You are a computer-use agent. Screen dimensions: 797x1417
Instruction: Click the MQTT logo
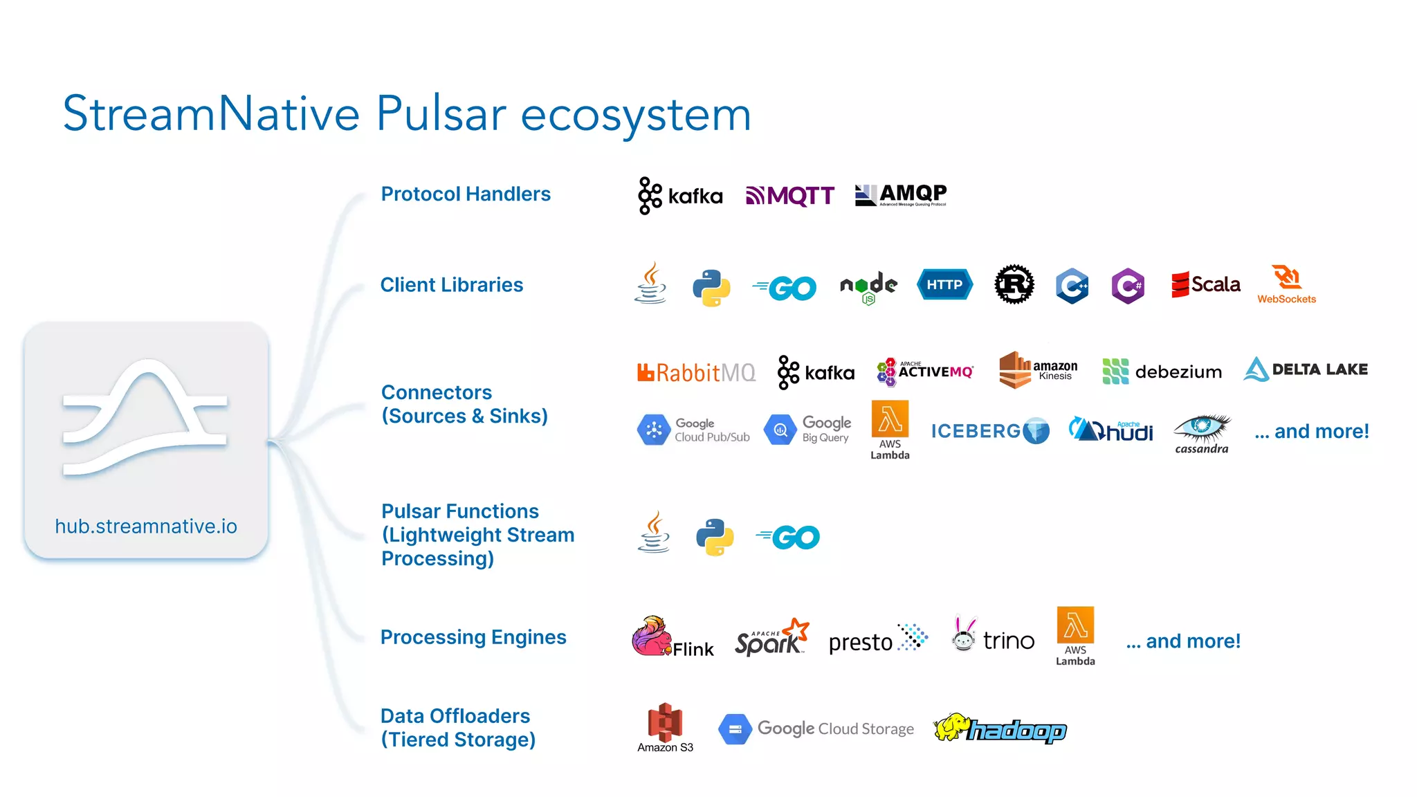(790, 196)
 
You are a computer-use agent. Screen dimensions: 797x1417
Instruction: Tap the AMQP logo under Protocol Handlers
(901, 194)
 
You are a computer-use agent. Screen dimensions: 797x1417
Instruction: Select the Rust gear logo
(1014, 284)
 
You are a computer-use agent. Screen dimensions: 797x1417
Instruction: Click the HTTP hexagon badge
(944, 284)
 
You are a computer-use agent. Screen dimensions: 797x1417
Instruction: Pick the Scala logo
(1205, 284)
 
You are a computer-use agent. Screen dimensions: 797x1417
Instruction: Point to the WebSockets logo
(1287, 284)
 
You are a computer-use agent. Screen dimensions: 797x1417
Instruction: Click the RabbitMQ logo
(696, 372)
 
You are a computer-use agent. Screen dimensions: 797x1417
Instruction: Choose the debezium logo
(1162, 372)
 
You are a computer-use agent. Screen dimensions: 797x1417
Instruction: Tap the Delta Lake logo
(1306, 369)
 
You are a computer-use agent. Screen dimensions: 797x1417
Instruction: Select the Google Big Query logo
(807, 430)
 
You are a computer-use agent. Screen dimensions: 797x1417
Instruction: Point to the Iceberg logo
(990, 431)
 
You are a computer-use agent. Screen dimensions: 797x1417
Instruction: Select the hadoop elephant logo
(1000, 729)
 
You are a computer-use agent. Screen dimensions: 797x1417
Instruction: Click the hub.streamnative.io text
(146, 526)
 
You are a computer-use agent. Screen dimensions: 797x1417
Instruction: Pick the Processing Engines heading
(473, 637)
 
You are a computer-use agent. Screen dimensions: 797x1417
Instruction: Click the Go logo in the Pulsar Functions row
(788, 537)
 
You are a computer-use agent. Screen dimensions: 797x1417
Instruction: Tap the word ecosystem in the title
(635, 114)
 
